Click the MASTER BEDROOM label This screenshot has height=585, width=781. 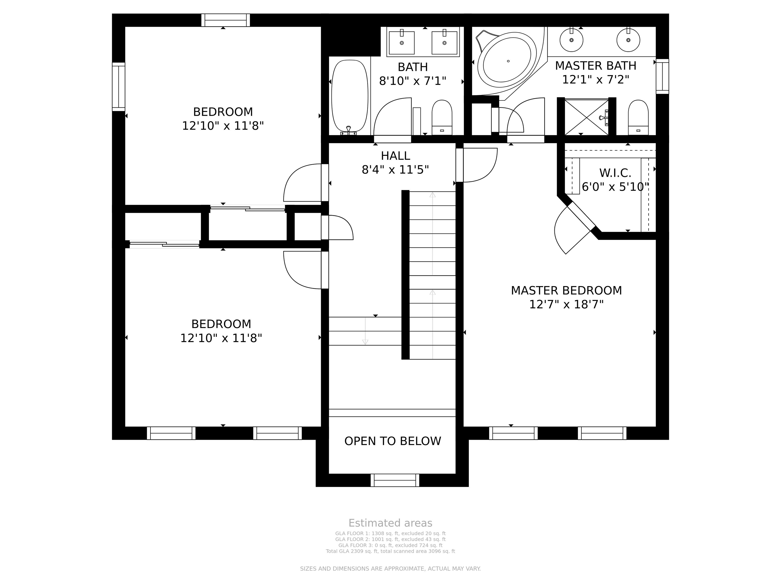point(566,290)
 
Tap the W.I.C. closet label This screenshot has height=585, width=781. point(615,173)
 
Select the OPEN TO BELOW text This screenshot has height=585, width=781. point(393,441)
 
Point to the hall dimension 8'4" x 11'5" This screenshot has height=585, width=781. point(395,170)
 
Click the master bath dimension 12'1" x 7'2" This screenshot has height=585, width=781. point(596,80)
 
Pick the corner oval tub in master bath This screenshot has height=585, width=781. point(506,61)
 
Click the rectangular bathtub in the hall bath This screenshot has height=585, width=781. point(350,96)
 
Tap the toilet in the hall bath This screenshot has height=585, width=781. point(442,117)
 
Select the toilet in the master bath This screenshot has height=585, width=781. point(638,117)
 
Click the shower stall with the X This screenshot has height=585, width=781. point(587,117)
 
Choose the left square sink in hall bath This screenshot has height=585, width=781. point(402,43)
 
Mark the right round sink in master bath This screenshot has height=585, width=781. point(628,40)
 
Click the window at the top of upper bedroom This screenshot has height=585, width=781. point(226,20)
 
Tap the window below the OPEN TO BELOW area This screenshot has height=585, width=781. point(395,480)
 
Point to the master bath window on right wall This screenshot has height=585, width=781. point(662,76)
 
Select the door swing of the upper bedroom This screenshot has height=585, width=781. point(302,183)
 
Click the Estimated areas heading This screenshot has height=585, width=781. point(390,523)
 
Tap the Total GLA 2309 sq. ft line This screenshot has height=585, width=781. point(390,551)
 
